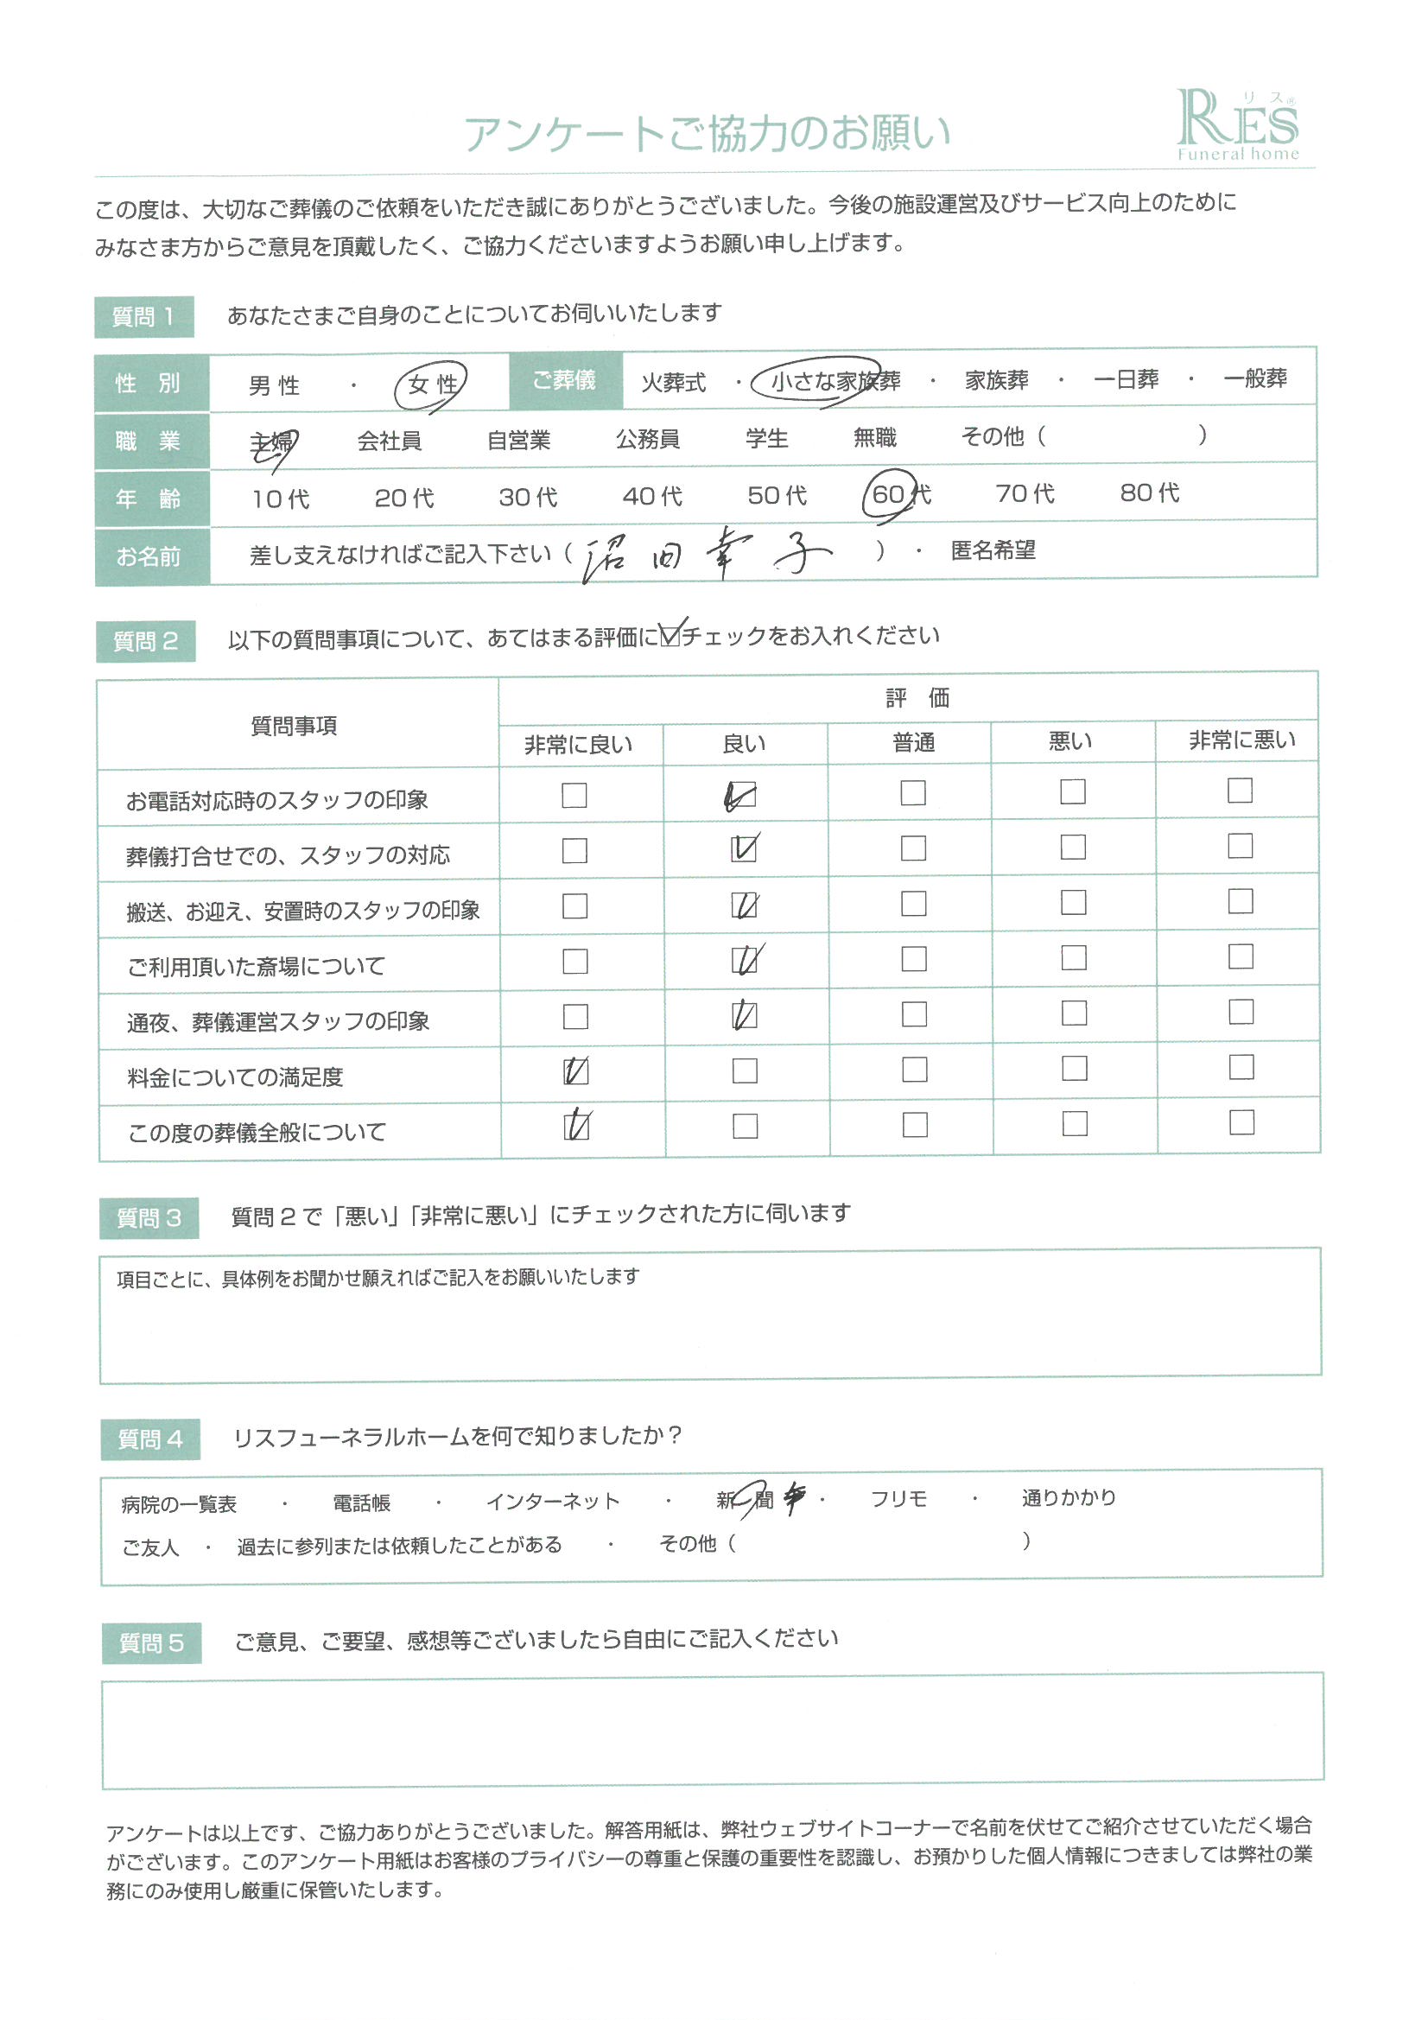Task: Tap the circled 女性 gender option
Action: (431, 385)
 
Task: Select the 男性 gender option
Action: (274, 385)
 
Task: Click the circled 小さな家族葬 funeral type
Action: (835, 381)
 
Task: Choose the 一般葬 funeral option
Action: (1254, 379)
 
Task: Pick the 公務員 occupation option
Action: (648, 438)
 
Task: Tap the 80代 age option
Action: (1149, 492)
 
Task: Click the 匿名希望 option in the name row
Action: (993, 550)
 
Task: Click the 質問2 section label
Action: (145, 641)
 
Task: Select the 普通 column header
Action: (913, 743)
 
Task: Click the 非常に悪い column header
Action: (1241, 740)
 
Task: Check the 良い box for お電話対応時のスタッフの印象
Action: (744, 797)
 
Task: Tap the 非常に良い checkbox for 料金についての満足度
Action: (575, 1071)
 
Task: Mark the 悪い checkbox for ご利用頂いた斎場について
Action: (1074, 958)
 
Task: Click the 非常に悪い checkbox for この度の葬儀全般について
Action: (1241, 1122)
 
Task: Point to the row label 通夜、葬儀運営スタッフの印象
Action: (278, 1021)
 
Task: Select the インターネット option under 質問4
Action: (553, 1502)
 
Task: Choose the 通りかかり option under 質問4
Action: (1068, 1497)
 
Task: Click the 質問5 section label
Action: (151, 1642)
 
